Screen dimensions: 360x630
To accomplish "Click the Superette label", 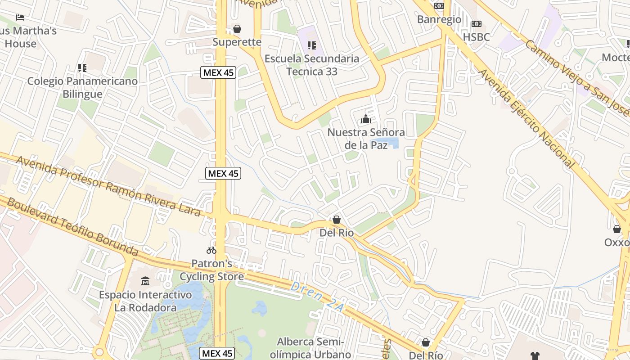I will pos(237,42).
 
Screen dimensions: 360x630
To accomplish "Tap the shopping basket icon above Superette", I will pos(237,29).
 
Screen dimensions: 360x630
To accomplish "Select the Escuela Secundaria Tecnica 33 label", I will pos(312,65).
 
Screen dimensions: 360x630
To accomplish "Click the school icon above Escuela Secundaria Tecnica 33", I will pos(311,45).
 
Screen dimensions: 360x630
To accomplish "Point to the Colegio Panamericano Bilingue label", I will pos(82,88).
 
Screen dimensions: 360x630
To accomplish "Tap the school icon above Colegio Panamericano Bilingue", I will pos(82,68).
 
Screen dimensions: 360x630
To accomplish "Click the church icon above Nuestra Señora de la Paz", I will pos(365,119).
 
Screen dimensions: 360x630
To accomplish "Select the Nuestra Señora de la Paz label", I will pos(366,139).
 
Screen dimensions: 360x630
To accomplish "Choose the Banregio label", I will pos(439,19).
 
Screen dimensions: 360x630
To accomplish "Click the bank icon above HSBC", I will pos(476,24).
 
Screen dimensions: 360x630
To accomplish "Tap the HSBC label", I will pos(476,37).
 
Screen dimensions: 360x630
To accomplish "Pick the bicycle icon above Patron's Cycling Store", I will pos(211,250).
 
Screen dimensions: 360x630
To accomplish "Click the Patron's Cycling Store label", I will pos(211,270).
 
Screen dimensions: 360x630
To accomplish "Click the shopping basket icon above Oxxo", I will pos(616,229).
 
